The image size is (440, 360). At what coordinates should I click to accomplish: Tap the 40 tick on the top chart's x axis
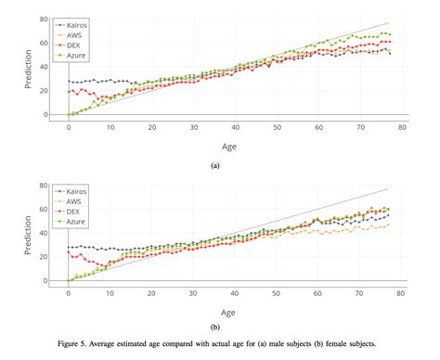[x=235, y=126]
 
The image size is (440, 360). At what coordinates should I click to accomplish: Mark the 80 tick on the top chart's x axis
[x=400, y=126]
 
